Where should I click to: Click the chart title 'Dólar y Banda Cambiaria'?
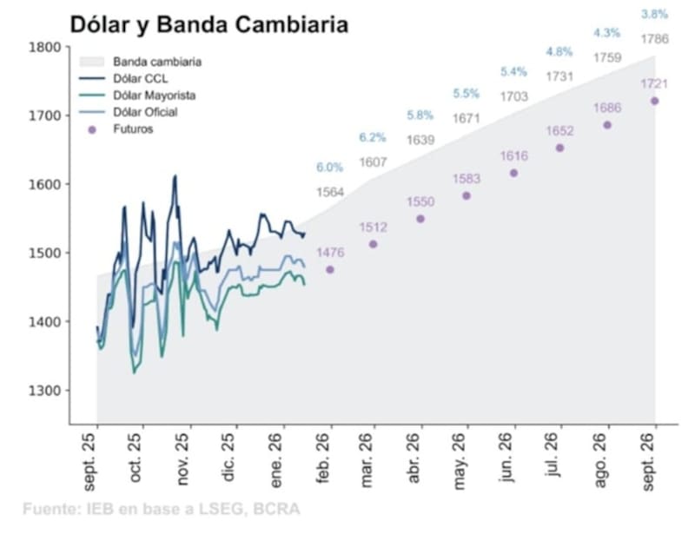(x=208, y=24)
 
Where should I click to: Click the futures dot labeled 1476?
(x=329, y=270)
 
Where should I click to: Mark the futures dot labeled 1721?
(x=654, y=101)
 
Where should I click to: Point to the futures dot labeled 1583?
(x=467, y=196)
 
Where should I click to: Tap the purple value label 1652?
(x=559, y=130)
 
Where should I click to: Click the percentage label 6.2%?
(x=374, y=137)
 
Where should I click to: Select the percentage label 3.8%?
(x=654, y=14)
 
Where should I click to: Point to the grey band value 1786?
(x=654, y=38)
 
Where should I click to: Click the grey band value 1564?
(x=329, y=192)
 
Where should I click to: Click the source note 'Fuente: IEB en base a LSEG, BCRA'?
(x=162, y=509)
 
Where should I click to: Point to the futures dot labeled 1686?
(x=607, y=125)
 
